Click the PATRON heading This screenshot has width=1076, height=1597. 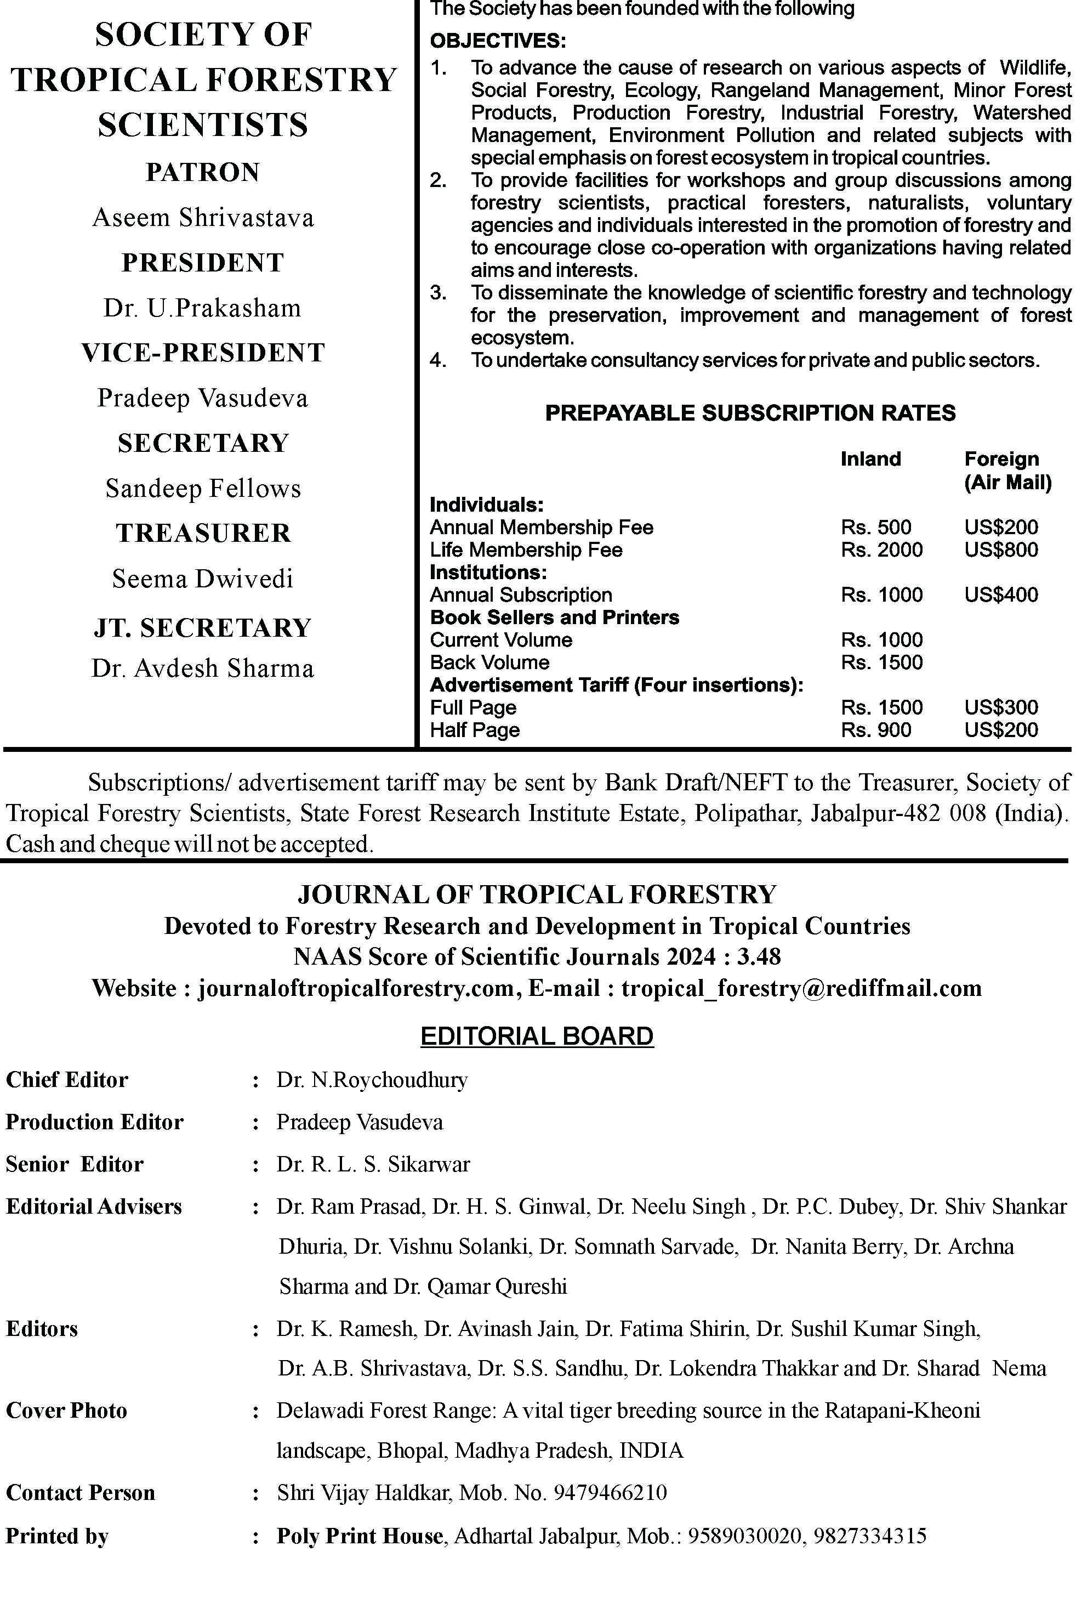point(202,172)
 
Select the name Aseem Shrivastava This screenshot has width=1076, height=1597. point(202,218)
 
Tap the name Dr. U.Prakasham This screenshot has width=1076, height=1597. point(202,308)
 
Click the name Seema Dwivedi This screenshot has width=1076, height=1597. point(202,579)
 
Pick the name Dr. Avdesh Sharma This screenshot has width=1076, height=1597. point(202,668)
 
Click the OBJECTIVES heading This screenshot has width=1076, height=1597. point(498,41)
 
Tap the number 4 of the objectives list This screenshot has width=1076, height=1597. point(438,360)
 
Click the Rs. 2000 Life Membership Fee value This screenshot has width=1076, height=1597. point(882,550)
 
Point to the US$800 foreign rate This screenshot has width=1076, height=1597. point(1001,550)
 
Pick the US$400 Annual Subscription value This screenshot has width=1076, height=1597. point(1001,594)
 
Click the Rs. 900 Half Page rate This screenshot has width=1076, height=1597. point(875,730)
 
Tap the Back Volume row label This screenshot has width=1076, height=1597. point(489,662)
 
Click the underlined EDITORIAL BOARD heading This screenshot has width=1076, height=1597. point(537,1036)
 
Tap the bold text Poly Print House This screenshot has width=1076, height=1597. point(359,1536)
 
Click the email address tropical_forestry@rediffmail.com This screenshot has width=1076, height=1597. point(801,988)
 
